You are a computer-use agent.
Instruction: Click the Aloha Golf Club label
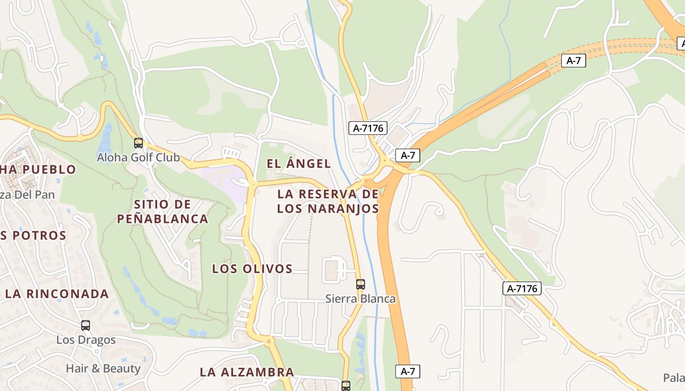point(138,157)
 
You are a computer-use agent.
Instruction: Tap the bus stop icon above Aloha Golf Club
point(138,143)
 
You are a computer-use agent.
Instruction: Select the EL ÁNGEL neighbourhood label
point(298,164)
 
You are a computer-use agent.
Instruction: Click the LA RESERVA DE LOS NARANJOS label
point(328,201)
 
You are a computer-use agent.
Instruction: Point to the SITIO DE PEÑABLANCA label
point(162,211)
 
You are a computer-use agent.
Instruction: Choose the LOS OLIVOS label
point(252,268)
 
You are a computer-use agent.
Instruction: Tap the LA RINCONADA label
point(57,294)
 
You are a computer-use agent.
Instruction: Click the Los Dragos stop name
point(86,340)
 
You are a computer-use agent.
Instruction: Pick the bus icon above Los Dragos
point(86,326)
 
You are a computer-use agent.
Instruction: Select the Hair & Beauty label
point(103,369)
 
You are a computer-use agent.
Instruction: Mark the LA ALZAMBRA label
point(247,372)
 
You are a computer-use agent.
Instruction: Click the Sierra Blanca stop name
point(361,299)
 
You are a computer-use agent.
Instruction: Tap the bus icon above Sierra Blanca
point(361,284)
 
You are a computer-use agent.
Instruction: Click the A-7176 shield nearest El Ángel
point(368,128)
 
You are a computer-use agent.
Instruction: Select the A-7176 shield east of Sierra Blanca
point(522,288)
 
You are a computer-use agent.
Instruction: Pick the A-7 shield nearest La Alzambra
point(408,371)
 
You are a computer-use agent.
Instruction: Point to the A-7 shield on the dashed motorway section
point(573,61)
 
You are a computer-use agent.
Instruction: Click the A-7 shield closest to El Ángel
point(408,155)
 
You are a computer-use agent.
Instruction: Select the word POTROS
point(40,235)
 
